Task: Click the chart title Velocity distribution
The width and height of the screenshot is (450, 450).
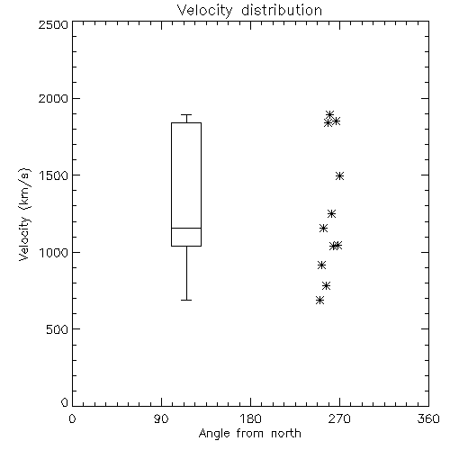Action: pos(249,10)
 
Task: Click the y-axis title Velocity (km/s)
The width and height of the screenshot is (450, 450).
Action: pos(24,214)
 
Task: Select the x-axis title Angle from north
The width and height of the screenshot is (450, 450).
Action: pos(249,434)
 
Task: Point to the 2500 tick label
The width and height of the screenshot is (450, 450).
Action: pos(53,24)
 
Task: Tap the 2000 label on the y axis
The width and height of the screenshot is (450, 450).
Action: pos(53,98)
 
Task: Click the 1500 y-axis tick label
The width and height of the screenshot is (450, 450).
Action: pos(54,175)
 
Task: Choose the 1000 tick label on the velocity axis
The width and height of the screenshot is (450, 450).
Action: pos(54,252)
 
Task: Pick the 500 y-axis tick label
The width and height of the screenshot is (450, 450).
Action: pos(58,329)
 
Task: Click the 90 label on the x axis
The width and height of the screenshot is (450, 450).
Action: pos(161,418)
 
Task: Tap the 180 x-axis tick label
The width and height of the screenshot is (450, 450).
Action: pos(250,418)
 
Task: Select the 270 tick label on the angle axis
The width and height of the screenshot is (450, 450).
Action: pos(339,418)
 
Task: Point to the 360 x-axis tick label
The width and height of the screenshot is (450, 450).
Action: pos(428,418)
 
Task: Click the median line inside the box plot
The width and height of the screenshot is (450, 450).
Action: pos(186,228)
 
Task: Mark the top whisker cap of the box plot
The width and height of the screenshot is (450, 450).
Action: pos(186,114)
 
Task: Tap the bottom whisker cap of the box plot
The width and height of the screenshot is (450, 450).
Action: pos(186,300)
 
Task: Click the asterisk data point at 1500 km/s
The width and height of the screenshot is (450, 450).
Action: pos(339,175)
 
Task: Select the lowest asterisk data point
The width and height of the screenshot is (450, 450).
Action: pos(319,300)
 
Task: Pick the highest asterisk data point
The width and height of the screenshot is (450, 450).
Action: pos(330,114)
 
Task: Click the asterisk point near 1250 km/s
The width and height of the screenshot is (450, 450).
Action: pos(331,213)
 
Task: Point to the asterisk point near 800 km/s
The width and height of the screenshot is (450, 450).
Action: pos(327,285)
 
